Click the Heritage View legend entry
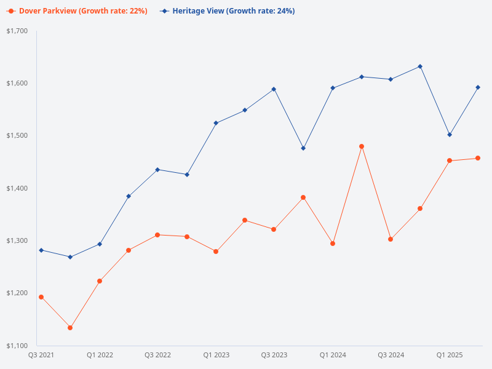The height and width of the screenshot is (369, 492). click(x=228, y=11)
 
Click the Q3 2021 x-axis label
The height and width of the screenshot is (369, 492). click(x=41, y=355)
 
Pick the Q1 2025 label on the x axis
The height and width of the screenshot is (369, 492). click(x=450, y=355)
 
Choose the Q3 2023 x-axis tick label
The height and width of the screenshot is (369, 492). click(x=274, y=355)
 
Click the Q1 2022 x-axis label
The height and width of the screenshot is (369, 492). click(x=100, y=355)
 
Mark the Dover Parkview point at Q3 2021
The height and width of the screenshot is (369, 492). click(x=41, y=297)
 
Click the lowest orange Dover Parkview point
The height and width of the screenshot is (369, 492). click(x=70, y=328)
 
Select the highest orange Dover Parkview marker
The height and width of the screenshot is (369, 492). click(x=362, y=146)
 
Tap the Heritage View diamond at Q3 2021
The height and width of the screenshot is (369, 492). click(x=41, y=250)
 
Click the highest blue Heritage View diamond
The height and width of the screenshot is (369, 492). click(x=420, y=66)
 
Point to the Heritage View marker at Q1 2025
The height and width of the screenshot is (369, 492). click(x=450, y=135)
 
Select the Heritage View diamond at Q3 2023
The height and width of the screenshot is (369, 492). click(x=274, y=89)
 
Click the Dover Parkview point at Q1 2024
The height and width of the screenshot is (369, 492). click(x=333, y=244)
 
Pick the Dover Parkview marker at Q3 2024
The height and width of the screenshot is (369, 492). click(x=391, y=239)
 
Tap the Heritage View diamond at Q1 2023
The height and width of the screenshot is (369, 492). click(x=216, y=123)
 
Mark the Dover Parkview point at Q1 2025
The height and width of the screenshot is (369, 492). click(x=450, y=161)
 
